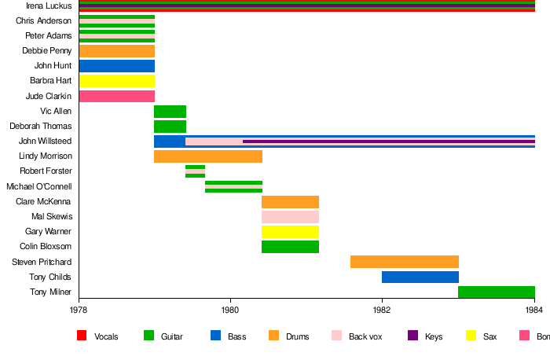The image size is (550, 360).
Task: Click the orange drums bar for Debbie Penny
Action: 116,51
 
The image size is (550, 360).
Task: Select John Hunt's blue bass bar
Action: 116,66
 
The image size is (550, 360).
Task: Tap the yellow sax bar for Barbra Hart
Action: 116,81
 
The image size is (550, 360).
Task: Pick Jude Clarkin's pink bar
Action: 116,96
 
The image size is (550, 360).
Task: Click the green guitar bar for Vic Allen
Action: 170,111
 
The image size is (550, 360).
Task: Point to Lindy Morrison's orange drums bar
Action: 208,156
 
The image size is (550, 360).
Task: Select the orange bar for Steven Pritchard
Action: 404,262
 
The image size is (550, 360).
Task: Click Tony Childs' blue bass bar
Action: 420,277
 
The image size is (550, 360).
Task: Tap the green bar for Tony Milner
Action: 496,292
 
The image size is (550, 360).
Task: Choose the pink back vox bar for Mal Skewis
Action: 290,216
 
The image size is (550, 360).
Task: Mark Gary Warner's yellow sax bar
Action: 290,232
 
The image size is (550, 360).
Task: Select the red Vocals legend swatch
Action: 81,336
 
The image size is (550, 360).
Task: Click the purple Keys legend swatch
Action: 412,336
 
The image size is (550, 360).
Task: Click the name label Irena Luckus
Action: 49,6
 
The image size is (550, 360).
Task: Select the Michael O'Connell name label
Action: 38,186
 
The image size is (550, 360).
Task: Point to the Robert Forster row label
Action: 46,171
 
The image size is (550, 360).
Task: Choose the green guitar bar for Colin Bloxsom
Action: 290,247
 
